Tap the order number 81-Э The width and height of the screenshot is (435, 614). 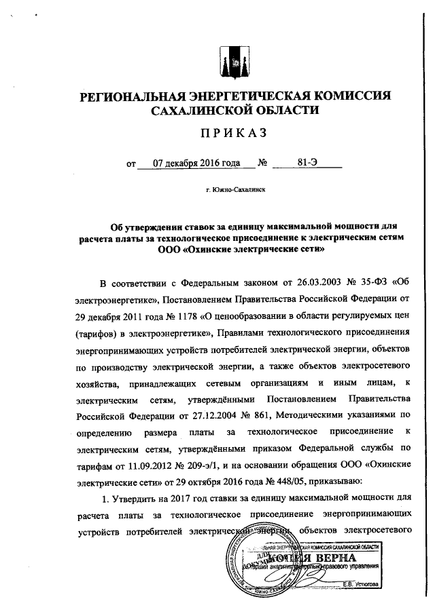[307, 164]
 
